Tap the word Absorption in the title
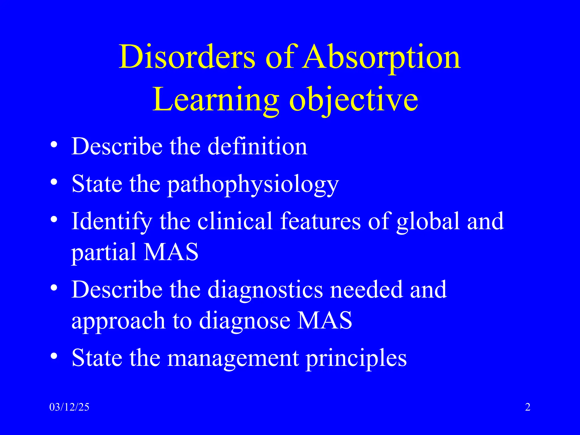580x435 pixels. click(381, 58)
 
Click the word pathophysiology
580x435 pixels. click(253, 185)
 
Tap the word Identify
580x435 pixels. click(112, 222)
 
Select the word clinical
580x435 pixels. click(235, 221)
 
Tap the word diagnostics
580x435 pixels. click(265, 290)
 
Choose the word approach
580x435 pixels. click(118, 321)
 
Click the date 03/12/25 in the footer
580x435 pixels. click(69, 407)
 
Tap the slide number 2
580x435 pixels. click(528, 407)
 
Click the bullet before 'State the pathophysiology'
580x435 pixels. click(54, 182)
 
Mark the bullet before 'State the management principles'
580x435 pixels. click(54, 355)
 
